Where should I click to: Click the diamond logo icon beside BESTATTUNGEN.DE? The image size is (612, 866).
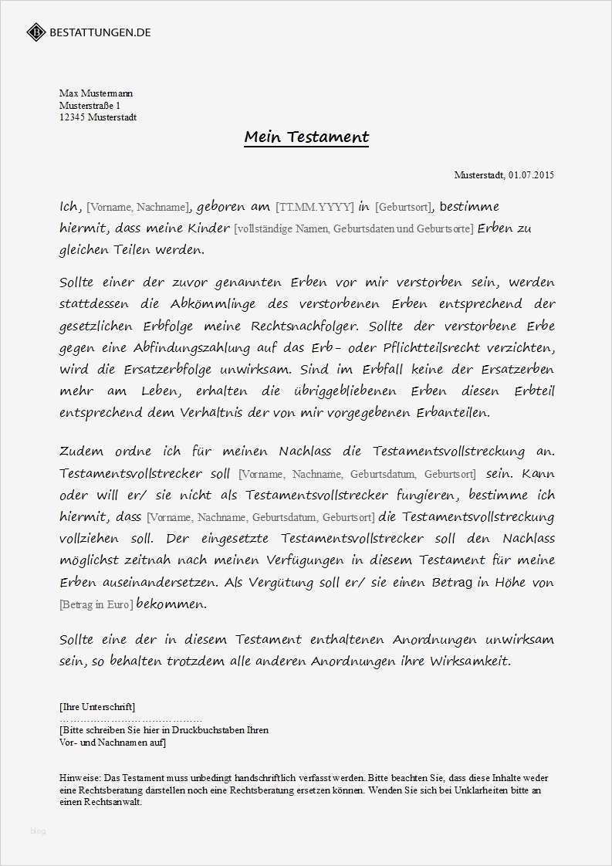coord(36,32)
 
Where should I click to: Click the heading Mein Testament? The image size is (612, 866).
coord(306,137)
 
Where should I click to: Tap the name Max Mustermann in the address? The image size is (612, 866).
coord(96,93)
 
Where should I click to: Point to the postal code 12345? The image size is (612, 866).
coord(72,117)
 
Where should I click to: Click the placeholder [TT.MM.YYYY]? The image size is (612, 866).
coord(314,207)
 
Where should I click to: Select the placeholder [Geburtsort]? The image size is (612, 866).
coord(404,207)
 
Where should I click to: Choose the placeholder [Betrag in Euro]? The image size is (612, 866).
coord(96,604)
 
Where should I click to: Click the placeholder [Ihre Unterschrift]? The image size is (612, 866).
coord(97,706)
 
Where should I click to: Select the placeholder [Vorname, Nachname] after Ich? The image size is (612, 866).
coord(137,207)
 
